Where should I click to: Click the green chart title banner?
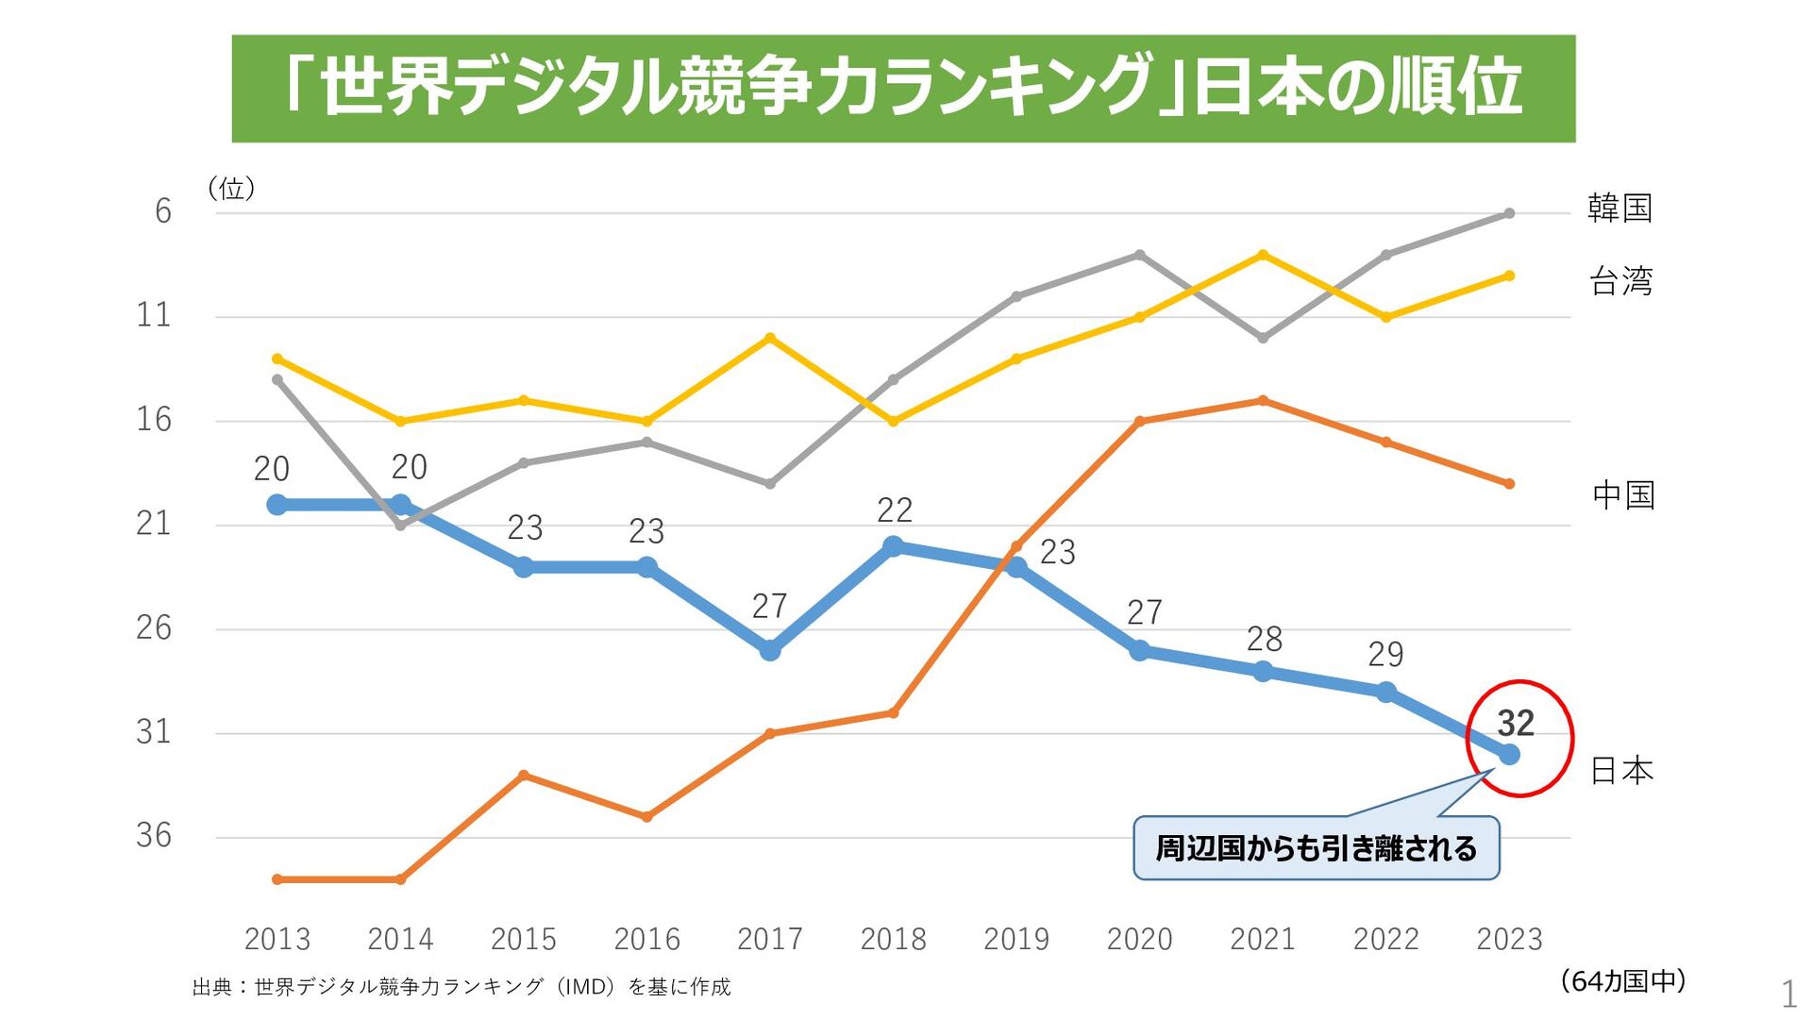pos(903,89)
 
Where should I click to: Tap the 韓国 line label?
pos(1619,208)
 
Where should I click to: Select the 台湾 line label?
pos(1620,281)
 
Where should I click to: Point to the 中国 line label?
pos(1623,494)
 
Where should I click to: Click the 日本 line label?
pos(1621,771)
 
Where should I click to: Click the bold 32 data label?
pos(1516,724)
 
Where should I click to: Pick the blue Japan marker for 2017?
pos(770,650)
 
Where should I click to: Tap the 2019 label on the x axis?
pos(1016,939)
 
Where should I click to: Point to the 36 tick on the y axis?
pos(154,835)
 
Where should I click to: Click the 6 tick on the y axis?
pos(163,210)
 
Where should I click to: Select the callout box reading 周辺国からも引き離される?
pos(1316,848)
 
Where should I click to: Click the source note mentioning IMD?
pos(461,987)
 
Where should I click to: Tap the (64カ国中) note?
pos(1623,981)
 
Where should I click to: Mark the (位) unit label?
pos(231,189)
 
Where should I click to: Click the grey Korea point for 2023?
pos(1509,213)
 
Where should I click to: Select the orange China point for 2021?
pos(1263,401)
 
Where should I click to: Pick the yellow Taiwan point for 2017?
pos(770,338)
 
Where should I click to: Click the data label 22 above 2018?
pos(894,510)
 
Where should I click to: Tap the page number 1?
pos(1787,994)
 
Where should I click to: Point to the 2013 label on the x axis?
pos(277,939)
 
